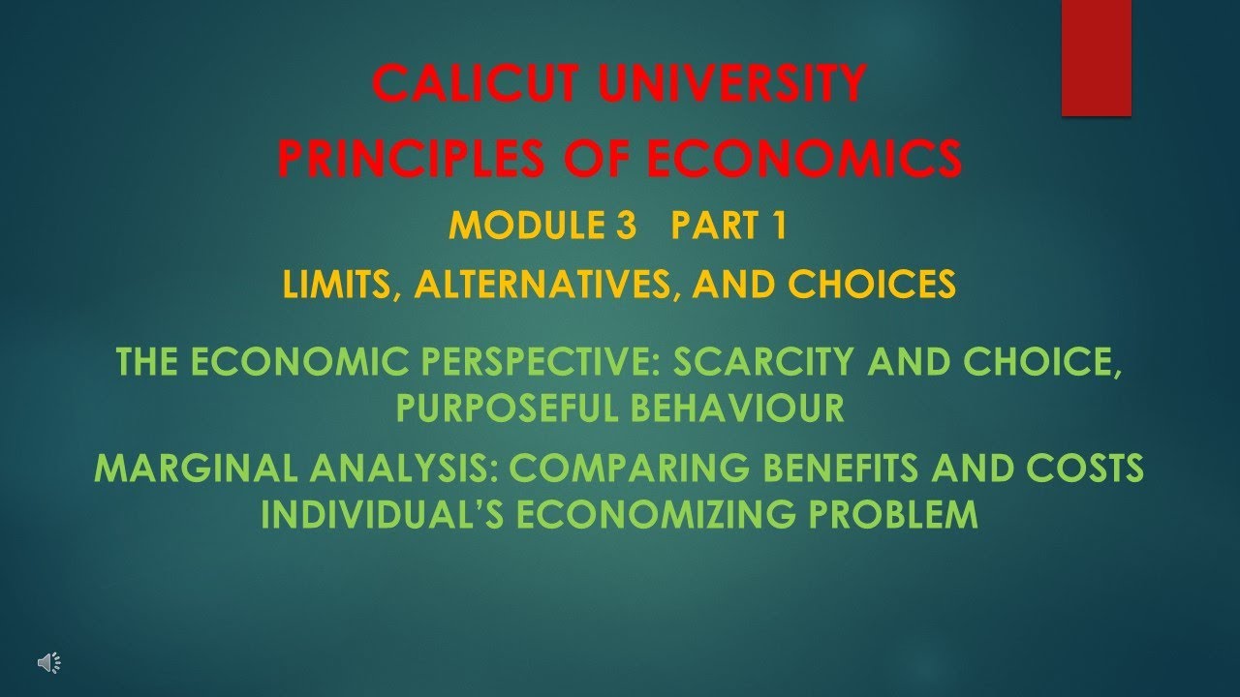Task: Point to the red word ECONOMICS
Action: click(x=805, y=158)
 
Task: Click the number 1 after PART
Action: click(x=780, y=226)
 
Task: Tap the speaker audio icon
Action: click(x=49, y=663)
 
